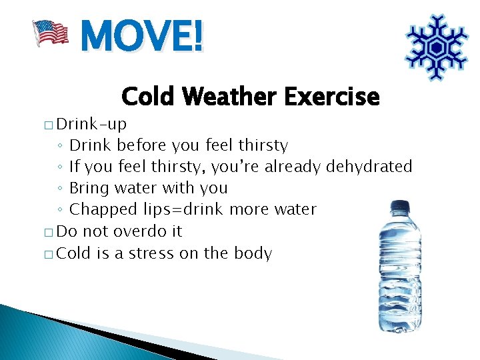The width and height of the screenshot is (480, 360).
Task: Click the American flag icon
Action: click(51, 33)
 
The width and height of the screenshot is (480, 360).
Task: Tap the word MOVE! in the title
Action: click(141, 36)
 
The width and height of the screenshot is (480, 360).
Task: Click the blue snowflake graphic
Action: click(437, 47)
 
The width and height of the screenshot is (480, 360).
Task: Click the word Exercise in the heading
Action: click(331, 97)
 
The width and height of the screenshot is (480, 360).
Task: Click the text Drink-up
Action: click(91, 124)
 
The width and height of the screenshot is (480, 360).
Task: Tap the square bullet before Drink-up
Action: click(50, 125)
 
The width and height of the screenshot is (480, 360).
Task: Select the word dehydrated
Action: click(369, 167)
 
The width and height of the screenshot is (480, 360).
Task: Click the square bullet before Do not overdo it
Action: click(50, 232)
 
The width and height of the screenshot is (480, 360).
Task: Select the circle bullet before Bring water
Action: click(60, 189)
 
